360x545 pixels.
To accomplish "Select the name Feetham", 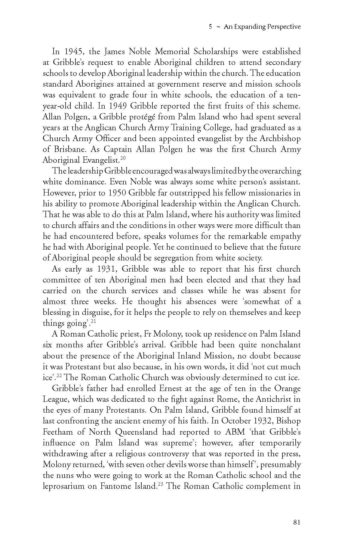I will [58, 432].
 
